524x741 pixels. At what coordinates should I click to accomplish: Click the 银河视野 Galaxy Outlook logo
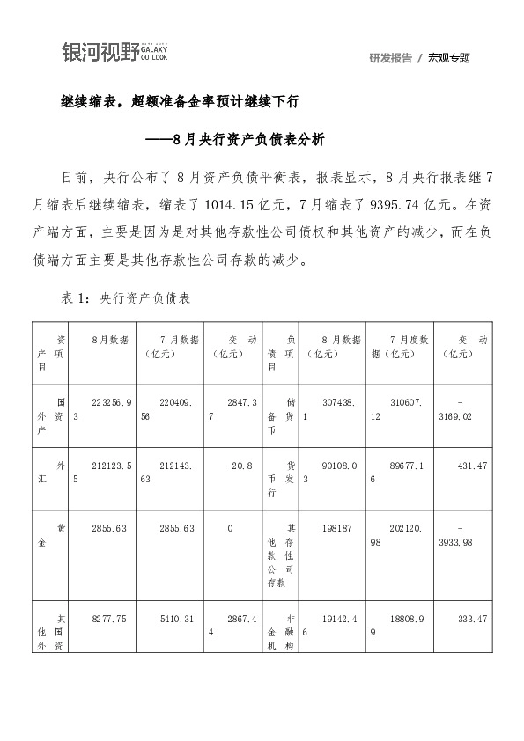(x=114, y=53)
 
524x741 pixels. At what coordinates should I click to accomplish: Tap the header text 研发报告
(x=391, y=58)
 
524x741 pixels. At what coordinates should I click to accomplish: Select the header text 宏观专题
(x=449, y=58)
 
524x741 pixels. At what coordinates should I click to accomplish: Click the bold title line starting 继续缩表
(x=180, y=102)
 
